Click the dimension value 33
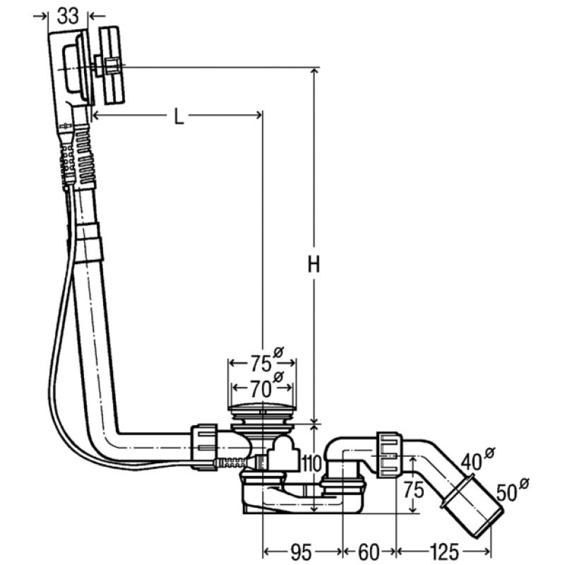(68, 16)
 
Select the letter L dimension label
(179, 116)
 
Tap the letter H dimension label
(314, 264)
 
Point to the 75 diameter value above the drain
(261, 364)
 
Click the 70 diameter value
(260, 389)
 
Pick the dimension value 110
(311, 463)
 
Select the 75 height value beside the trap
(413, 489)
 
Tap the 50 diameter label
(506, 492)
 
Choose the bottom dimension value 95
(302, 552)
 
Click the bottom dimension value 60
(369, 552)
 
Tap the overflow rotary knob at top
(112, 66)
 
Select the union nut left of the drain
(204, 447)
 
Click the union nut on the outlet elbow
(390, 454)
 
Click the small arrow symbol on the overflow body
(65, 126)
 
